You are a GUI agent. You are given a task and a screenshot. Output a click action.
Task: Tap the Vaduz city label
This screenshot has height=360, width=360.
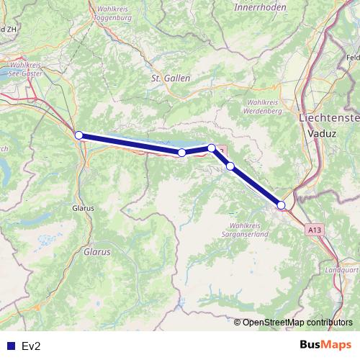click(x=316, y=134)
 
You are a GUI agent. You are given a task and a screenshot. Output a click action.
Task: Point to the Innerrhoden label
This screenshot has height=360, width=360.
click(x=260, y=6)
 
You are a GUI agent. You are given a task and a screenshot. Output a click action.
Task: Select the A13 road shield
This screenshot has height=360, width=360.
click(x=313, y=229)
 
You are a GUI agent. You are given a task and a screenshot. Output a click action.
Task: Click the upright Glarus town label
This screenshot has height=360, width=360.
click(x=84, y=209)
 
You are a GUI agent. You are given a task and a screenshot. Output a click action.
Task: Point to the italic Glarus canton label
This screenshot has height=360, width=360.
click(x=96, y=253)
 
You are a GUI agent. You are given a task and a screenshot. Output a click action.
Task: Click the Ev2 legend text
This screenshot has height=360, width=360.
click(x=32, y=346)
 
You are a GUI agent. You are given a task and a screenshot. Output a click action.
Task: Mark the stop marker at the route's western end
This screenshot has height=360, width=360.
click(x=78, y=135)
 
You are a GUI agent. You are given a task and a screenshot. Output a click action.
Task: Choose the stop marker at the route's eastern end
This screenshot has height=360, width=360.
click(x=282, y=205)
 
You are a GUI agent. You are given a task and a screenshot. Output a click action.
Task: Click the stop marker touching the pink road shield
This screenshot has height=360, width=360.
click(x=212, y=148)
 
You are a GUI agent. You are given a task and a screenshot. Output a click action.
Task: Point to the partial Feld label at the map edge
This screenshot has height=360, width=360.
click(x=352, y=57)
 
